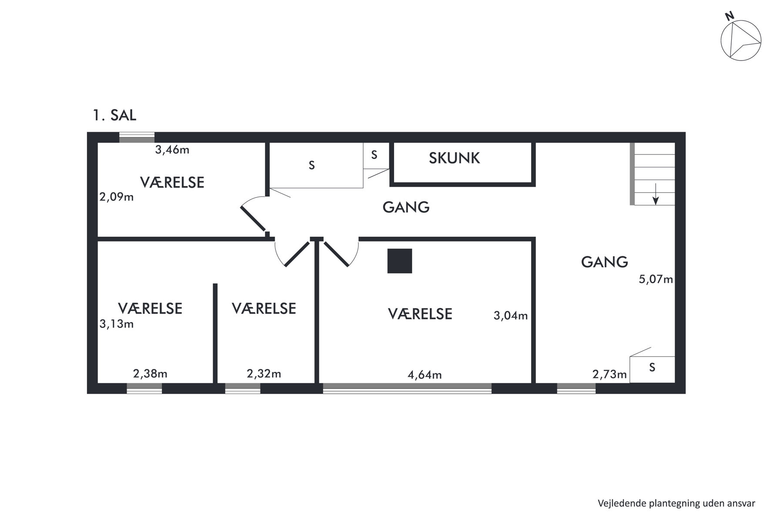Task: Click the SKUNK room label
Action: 454,158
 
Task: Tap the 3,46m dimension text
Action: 172,150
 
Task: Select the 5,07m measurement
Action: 656,279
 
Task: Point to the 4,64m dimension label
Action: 425,375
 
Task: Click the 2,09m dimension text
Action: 117,197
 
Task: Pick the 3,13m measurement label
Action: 117,324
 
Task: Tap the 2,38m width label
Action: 150,374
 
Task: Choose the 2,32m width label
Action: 264,374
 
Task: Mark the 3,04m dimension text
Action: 511,315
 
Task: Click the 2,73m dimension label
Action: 609,374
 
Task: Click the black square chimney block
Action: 400,261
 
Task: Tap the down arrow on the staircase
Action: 656,194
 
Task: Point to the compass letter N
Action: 729,17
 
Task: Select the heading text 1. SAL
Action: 114,115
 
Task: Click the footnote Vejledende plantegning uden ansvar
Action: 676,503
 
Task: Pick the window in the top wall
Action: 137,137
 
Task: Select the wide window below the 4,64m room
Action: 407,388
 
